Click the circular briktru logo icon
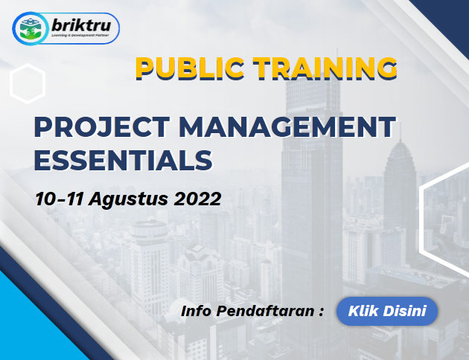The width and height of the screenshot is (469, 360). tap(30, 28)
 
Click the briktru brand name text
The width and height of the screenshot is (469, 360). tap(81, 25)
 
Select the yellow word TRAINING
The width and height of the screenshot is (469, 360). tap(325, 68)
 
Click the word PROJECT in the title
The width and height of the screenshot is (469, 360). tap(102, 126)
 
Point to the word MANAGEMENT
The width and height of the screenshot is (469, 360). tap(287, 126)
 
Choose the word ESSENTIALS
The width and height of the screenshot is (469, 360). tap(124, 161)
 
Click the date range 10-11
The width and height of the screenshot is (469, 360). tap(60, 199)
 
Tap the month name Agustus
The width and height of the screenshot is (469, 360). tap(128, 199)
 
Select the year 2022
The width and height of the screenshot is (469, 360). tap(197, 199)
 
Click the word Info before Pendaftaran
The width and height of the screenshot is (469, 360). tap(196, 311)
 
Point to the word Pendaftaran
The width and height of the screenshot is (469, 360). tap(265, 311)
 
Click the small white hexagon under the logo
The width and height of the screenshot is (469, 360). tap(28, 83)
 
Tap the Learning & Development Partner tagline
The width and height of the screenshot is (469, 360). tap(80, 35)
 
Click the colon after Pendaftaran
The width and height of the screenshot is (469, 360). tap(322, 312)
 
